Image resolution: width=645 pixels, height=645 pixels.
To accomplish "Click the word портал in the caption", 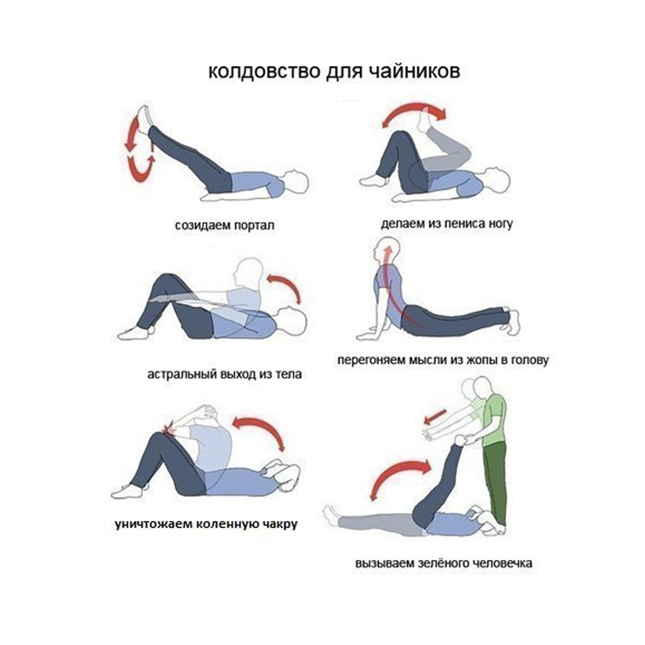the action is [255, 226].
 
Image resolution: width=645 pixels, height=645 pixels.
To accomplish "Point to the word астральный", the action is [181, 374].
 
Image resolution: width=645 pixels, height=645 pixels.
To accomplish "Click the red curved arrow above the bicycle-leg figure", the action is [414, 110].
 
